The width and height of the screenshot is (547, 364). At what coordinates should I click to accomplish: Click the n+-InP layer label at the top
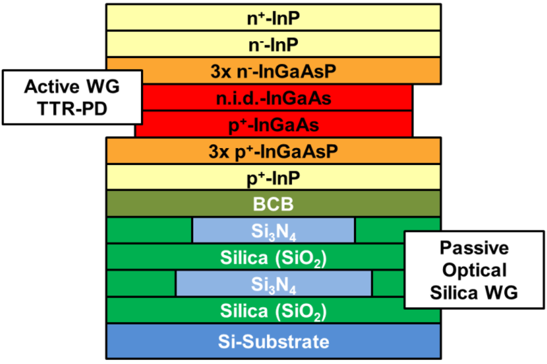point(273,18)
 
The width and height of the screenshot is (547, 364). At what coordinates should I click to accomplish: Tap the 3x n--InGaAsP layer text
point(273,71)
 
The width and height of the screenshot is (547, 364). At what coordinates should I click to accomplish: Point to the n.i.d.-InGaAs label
point(273,98)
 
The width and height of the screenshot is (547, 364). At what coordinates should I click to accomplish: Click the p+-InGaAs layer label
point(273,125)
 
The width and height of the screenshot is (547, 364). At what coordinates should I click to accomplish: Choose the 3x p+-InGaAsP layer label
point(273,151)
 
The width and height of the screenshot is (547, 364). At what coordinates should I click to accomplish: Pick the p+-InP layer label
point(273,177)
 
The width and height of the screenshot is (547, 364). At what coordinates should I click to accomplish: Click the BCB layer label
point(273,204)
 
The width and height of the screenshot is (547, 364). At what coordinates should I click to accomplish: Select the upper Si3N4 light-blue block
point(273,230)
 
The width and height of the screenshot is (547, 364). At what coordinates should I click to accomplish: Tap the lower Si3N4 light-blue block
point(273,284)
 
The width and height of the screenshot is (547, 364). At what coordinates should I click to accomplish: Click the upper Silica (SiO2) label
point(273,257)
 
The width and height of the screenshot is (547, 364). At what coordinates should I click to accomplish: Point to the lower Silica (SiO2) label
point(273,311)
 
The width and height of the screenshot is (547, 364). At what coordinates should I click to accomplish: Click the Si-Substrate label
point(273,341)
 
